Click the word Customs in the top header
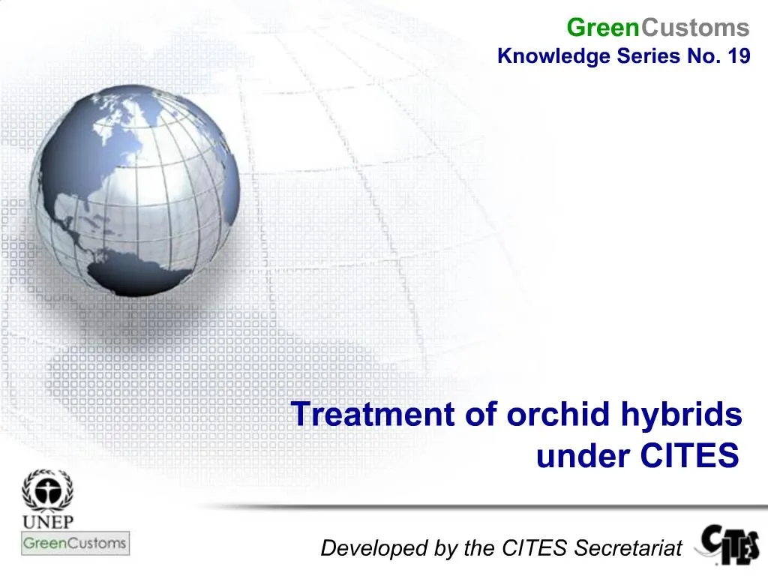[695, 28]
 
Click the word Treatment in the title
[373, 415]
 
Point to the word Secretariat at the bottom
[628, 548]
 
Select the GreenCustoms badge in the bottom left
[74, 543]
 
